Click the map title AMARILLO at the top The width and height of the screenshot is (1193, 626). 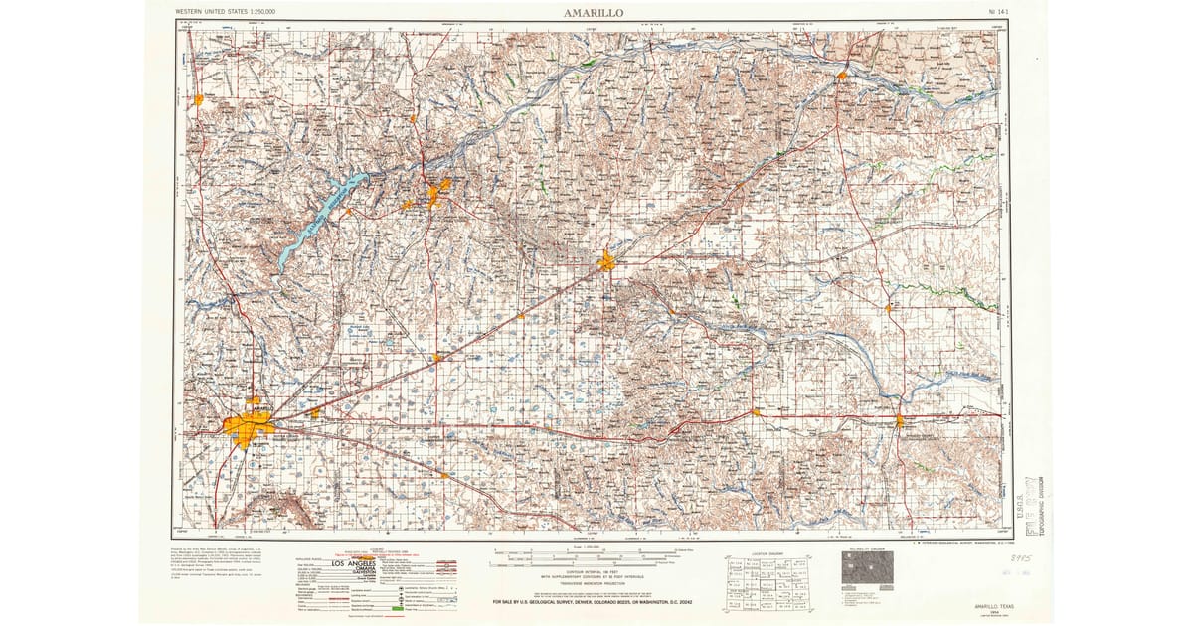point(594,13)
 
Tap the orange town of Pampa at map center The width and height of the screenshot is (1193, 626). point(607,262)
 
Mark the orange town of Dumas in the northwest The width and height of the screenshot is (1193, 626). point(199,99)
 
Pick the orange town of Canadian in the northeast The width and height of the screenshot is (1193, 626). point(842,75)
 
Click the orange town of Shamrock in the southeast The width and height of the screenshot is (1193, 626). point(899,421)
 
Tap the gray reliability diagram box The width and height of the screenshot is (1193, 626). point(862,568)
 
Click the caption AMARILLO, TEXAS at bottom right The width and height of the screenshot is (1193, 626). point(998,605)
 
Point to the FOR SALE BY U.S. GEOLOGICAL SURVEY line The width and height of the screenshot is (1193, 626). point(594,602)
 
